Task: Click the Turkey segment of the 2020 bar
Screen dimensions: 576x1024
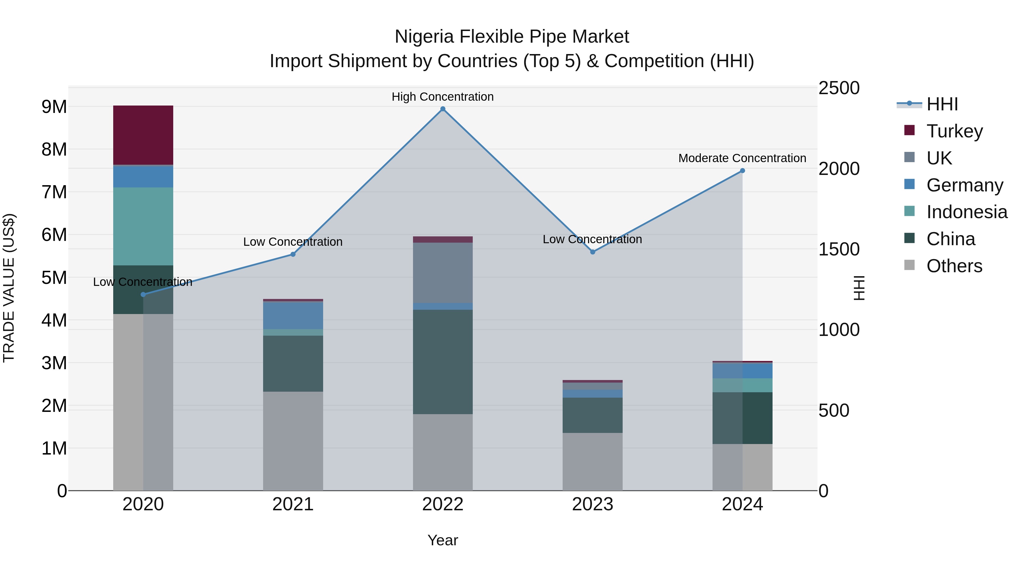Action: pyautogui.click(x=143, y=135)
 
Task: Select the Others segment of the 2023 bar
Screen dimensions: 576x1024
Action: pyautogui.click(x=592, y=462)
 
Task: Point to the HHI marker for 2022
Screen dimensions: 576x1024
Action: pyautogui.click(x=443, y=109)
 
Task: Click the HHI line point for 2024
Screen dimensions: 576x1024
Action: pyautogui.click(x=742, y=171)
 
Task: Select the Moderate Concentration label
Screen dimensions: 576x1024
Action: pyautogui.click(x=742, y=158)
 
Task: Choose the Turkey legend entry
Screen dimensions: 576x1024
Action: pyautogui.click(x=954, y=131)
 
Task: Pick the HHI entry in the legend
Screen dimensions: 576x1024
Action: pyautogui.click(x=942, y=104)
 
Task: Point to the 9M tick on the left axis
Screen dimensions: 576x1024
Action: pyautogui.click(x=54, y=107)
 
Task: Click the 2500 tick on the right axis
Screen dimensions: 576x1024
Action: pyautogui.click(x=839, y=88)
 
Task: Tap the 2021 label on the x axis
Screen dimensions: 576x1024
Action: pyautogui.click(x=293, y=504)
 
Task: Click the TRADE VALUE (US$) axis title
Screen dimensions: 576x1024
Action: pyautogui.click(x=9, y=288)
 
